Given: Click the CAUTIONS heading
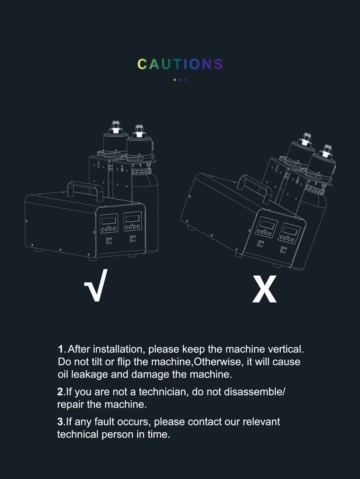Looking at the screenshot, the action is point(180,64).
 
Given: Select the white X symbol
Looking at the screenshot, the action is point(264,289).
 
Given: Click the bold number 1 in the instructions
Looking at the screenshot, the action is point(60,349).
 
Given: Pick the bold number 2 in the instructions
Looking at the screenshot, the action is point(60,392).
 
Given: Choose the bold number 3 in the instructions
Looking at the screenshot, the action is point(60,422).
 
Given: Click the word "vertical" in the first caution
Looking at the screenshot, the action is point(286,349).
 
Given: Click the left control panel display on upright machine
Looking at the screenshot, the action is point(109,220).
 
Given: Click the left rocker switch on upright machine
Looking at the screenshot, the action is point(109,241).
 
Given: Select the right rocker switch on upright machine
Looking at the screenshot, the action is point(133,238).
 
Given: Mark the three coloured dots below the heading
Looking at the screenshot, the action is point(180,80).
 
